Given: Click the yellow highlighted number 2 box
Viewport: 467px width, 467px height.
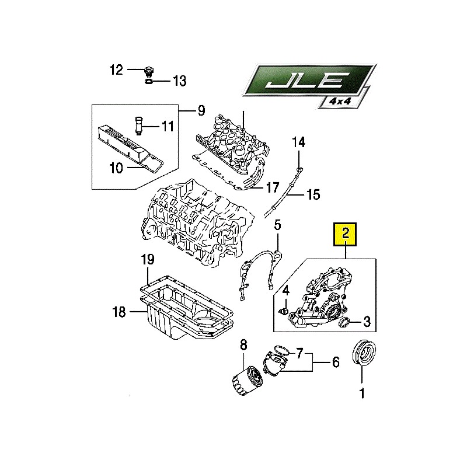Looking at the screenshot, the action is coord(345,234).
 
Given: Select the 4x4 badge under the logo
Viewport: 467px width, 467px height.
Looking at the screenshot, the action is coord(340,100).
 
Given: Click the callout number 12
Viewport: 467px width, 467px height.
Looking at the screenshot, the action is coord(116,70).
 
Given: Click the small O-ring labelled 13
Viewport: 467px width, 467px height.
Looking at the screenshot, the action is coord(149,81).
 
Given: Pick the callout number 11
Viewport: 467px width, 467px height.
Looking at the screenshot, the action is coord(168,126).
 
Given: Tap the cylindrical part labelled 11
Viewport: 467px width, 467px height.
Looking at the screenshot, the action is coord(138,126).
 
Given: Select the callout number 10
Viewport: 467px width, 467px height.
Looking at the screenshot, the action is coord(116,168).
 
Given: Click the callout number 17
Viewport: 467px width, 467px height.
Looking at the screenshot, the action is coord(272,187).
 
